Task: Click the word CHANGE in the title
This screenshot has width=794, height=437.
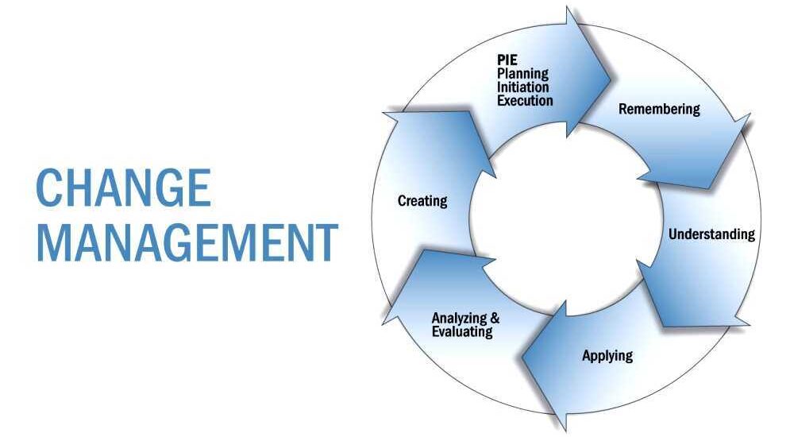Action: pos(124,189)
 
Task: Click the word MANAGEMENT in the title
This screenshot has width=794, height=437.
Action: pos(187,243)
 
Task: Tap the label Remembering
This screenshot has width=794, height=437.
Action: pos(659,109)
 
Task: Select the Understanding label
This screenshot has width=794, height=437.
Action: pos(711,234)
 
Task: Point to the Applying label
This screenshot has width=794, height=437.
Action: pos(607,355)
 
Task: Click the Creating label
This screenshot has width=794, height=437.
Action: pos(422,201)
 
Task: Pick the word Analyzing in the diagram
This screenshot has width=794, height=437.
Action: pos(460,319)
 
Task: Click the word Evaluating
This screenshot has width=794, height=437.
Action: pos(462,331)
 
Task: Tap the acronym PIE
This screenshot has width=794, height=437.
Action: pos(507,60)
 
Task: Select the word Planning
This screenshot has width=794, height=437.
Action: pos(522,74)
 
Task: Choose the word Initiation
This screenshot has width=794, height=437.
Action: pos(522,87)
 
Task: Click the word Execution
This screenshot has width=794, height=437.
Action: pos(525,101)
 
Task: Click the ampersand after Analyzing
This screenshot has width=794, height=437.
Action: pos(495,319)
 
